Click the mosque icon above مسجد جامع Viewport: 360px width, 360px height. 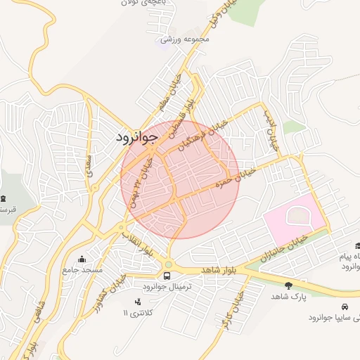click(x=82, y=259)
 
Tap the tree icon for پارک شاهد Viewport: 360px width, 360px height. click(x=288, y=285)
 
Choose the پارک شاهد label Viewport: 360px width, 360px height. click(x=289, y=297)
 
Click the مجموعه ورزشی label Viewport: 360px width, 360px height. click(x=186, y=39)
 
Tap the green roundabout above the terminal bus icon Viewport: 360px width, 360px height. click(x=168, y=264)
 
